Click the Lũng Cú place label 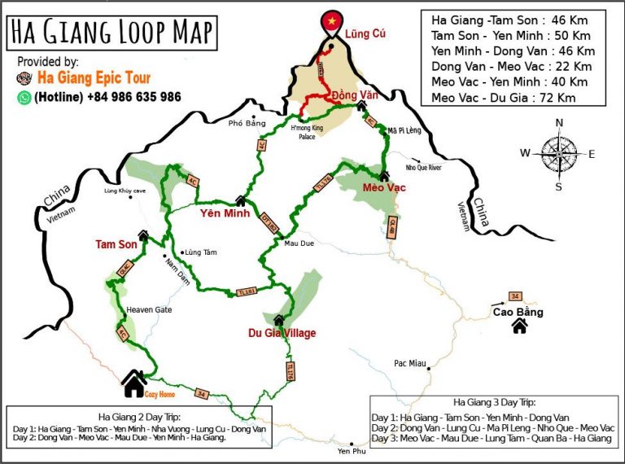pos(364,34)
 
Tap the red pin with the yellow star pos(331,20)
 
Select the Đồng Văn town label pos(356,94)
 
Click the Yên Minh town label pos(225,214)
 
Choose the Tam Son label pos(116,244)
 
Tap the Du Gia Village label pos(282,333)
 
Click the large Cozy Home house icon pos(133,381)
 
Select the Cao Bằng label pos(518,312)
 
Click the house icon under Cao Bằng pos(519,326)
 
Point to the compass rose pos(558,153)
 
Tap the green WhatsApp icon pos(24,97)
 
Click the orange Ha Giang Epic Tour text pos(94,78)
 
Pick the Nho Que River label pos(423,168)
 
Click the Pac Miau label pos(410,363)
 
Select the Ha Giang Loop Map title pos(112,33)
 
